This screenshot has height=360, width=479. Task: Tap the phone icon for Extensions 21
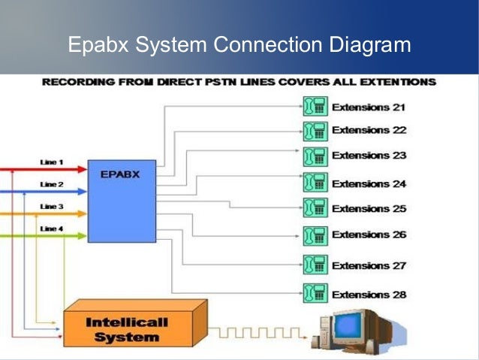pyautogui.click(x=314, y=106)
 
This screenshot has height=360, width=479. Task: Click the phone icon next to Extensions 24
pyautogui.click(x=314, y=183)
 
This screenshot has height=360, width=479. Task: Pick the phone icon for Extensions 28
pyautogui.click(x=314, y=294)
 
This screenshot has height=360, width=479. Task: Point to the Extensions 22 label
pyautogui.click(x=369, y=130)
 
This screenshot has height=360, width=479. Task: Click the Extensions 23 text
pyautogui.click(x=369, y=156)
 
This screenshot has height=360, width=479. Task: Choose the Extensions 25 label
pyautogui.click(x=369, y=208)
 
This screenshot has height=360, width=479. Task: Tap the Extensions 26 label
pyautogui.click(x=369, y=234)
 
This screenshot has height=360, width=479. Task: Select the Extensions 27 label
pyautogui.click(x=369, y=265)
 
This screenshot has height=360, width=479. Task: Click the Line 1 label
pyautogui.click(x=51, y=162)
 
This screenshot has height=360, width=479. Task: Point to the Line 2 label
pyautogui.click(x=51, y=183)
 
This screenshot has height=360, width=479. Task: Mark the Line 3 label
pyautogui.click(x=51, y=206)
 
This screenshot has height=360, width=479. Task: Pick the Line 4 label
pyautogui.click(x=51, y=228)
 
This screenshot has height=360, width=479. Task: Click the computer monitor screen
pyautogui.click(x=355, y=326)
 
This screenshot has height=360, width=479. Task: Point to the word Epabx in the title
pyautogui.click(x=97, y=45)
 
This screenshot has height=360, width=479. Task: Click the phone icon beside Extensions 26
pyautogui.click(x=314, y=235)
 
